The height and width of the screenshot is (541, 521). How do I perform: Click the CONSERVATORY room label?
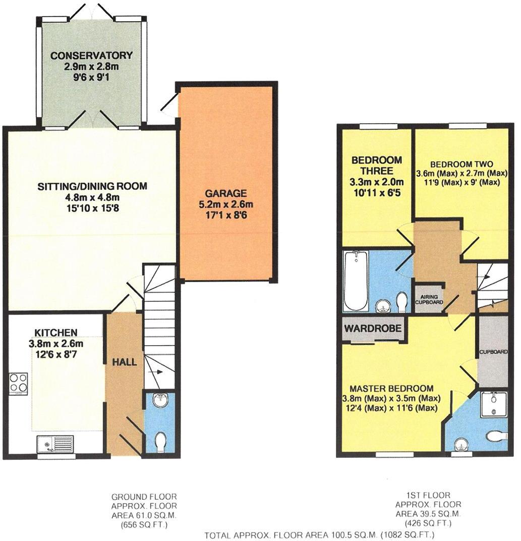click(91, 55)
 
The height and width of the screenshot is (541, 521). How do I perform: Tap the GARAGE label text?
click(225, 193)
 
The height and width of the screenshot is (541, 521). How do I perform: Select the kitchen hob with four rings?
click(18, 382)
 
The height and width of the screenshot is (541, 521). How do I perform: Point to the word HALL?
click(125, 362)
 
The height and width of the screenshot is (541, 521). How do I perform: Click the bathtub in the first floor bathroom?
click(355, 281)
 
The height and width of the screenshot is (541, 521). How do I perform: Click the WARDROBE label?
click(373, 329)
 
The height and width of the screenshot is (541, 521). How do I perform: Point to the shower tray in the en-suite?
click(493, 403)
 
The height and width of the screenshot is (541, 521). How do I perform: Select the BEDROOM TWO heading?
click(461, 164)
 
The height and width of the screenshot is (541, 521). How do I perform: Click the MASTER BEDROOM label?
click(391, 389)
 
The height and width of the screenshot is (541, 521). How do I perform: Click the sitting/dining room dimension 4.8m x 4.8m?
click(92, 197)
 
